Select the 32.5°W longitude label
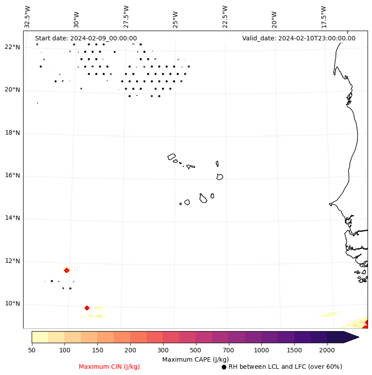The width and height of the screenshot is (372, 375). click(28, 17)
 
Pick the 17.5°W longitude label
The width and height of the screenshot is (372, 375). click(324, 17)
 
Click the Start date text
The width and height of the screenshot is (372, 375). click(86, 39)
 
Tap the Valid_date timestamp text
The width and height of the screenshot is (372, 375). click(299, 39)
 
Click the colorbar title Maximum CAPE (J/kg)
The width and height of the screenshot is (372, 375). click(195, 359)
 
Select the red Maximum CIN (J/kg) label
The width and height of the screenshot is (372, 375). click(109, 367)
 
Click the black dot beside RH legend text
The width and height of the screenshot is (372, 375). click(224, 367)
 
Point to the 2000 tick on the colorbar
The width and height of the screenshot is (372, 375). click(327, 350)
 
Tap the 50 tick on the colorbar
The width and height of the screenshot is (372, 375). click(32, 350)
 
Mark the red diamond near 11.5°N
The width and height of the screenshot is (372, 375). click(67, 270)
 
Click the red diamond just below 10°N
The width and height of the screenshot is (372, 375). click(87, 308)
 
